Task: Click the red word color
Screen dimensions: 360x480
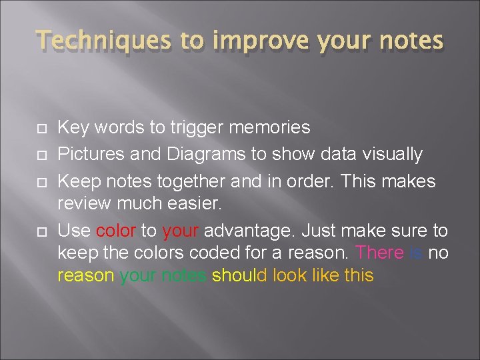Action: tap(116, 231)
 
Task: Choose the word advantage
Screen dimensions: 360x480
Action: tap(252, 231)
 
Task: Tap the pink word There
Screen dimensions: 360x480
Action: tap(380, 253)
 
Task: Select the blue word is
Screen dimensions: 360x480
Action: tap(416, 253)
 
